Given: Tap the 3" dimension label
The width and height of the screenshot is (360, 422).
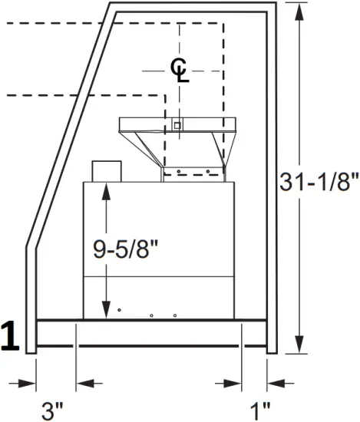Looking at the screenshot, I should (51, 410).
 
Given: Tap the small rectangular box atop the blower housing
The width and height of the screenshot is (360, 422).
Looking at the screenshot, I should (107, 171).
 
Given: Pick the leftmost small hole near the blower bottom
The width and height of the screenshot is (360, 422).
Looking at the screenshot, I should (119, 309).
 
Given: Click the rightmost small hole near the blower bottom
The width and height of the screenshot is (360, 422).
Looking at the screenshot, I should (175, 315).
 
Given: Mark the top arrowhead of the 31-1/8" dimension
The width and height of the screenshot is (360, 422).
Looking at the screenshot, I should (299, 9).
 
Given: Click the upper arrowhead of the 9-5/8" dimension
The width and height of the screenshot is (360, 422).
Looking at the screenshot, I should (105, 190).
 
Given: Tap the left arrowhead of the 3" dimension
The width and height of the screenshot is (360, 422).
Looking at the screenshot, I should (30, 382).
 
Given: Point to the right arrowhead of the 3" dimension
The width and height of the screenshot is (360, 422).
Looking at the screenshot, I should (83, 382).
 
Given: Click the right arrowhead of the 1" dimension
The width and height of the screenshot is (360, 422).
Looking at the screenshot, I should (275, 382).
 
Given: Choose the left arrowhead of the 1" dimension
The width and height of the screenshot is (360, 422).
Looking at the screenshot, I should (236, 382).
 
